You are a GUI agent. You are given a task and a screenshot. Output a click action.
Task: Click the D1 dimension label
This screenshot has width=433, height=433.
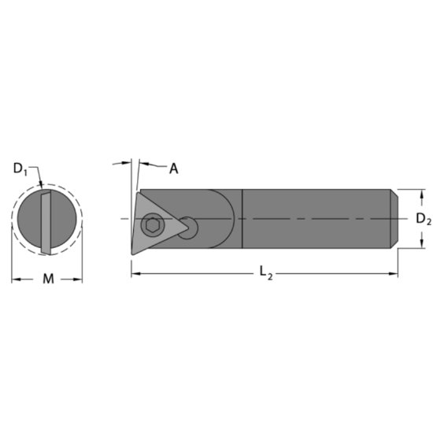coord(20,168)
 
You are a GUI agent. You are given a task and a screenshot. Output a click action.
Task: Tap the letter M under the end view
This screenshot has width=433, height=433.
coord(46,279)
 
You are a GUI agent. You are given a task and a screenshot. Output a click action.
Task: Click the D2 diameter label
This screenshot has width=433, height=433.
coord(423,218)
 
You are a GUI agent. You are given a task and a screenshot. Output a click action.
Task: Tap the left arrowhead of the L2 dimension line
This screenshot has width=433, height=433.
coord(134,273)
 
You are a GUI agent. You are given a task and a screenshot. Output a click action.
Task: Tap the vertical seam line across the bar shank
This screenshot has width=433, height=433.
coord(242,218)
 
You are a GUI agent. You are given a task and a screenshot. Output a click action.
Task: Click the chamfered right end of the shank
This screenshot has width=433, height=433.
coord(393,218)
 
